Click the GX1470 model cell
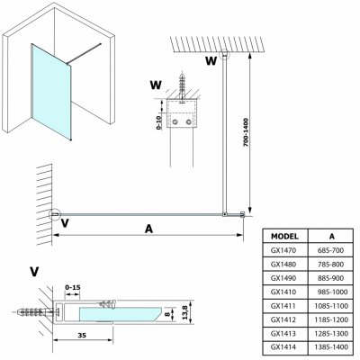pos(283,250)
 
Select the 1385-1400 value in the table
pos(331,347)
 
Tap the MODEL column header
pos(284,237)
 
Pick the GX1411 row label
pos(283,306)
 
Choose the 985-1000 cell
pos(332,292)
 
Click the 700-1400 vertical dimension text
pos(246,132)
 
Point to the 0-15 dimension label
pos(73,287)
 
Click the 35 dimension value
pos(82,335)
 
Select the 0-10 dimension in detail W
pos(159,122)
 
